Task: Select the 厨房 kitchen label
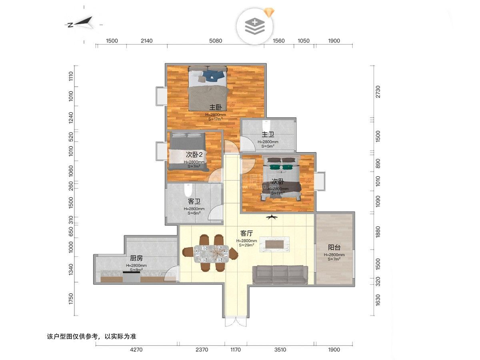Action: click(x=136, y=258)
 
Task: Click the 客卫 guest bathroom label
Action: click(x=194, y=201)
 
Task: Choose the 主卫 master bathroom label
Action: click(x=268, y=134)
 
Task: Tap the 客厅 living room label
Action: click(x=246, y=233)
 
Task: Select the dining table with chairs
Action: click(x=210, y=253)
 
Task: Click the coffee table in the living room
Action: click(x=274, y=244)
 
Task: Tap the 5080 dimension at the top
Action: click(x=215, y=41)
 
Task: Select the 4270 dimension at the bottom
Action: click(x=136, y=350)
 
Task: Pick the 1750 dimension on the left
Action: click(x=71, y=299)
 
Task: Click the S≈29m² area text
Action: click(x=246, y=245)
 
